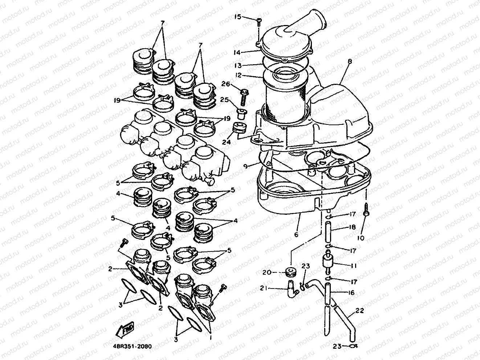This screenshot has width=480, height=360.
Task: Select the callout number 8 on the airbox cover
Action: tap(350, 62)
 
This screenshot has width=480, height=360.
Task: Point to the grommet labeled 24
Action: tap(239, 129)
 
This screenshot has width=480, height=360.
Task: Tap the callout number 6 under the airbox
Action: tap(296, 235)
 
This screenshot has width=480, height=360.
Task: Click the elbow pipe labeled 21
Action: tap(291, 289)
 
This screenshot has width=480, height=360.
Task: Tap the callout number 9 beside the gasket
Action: tap(246, 166)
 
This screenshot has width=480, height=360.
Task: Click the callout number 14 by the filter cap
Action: tap(247, 52)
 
